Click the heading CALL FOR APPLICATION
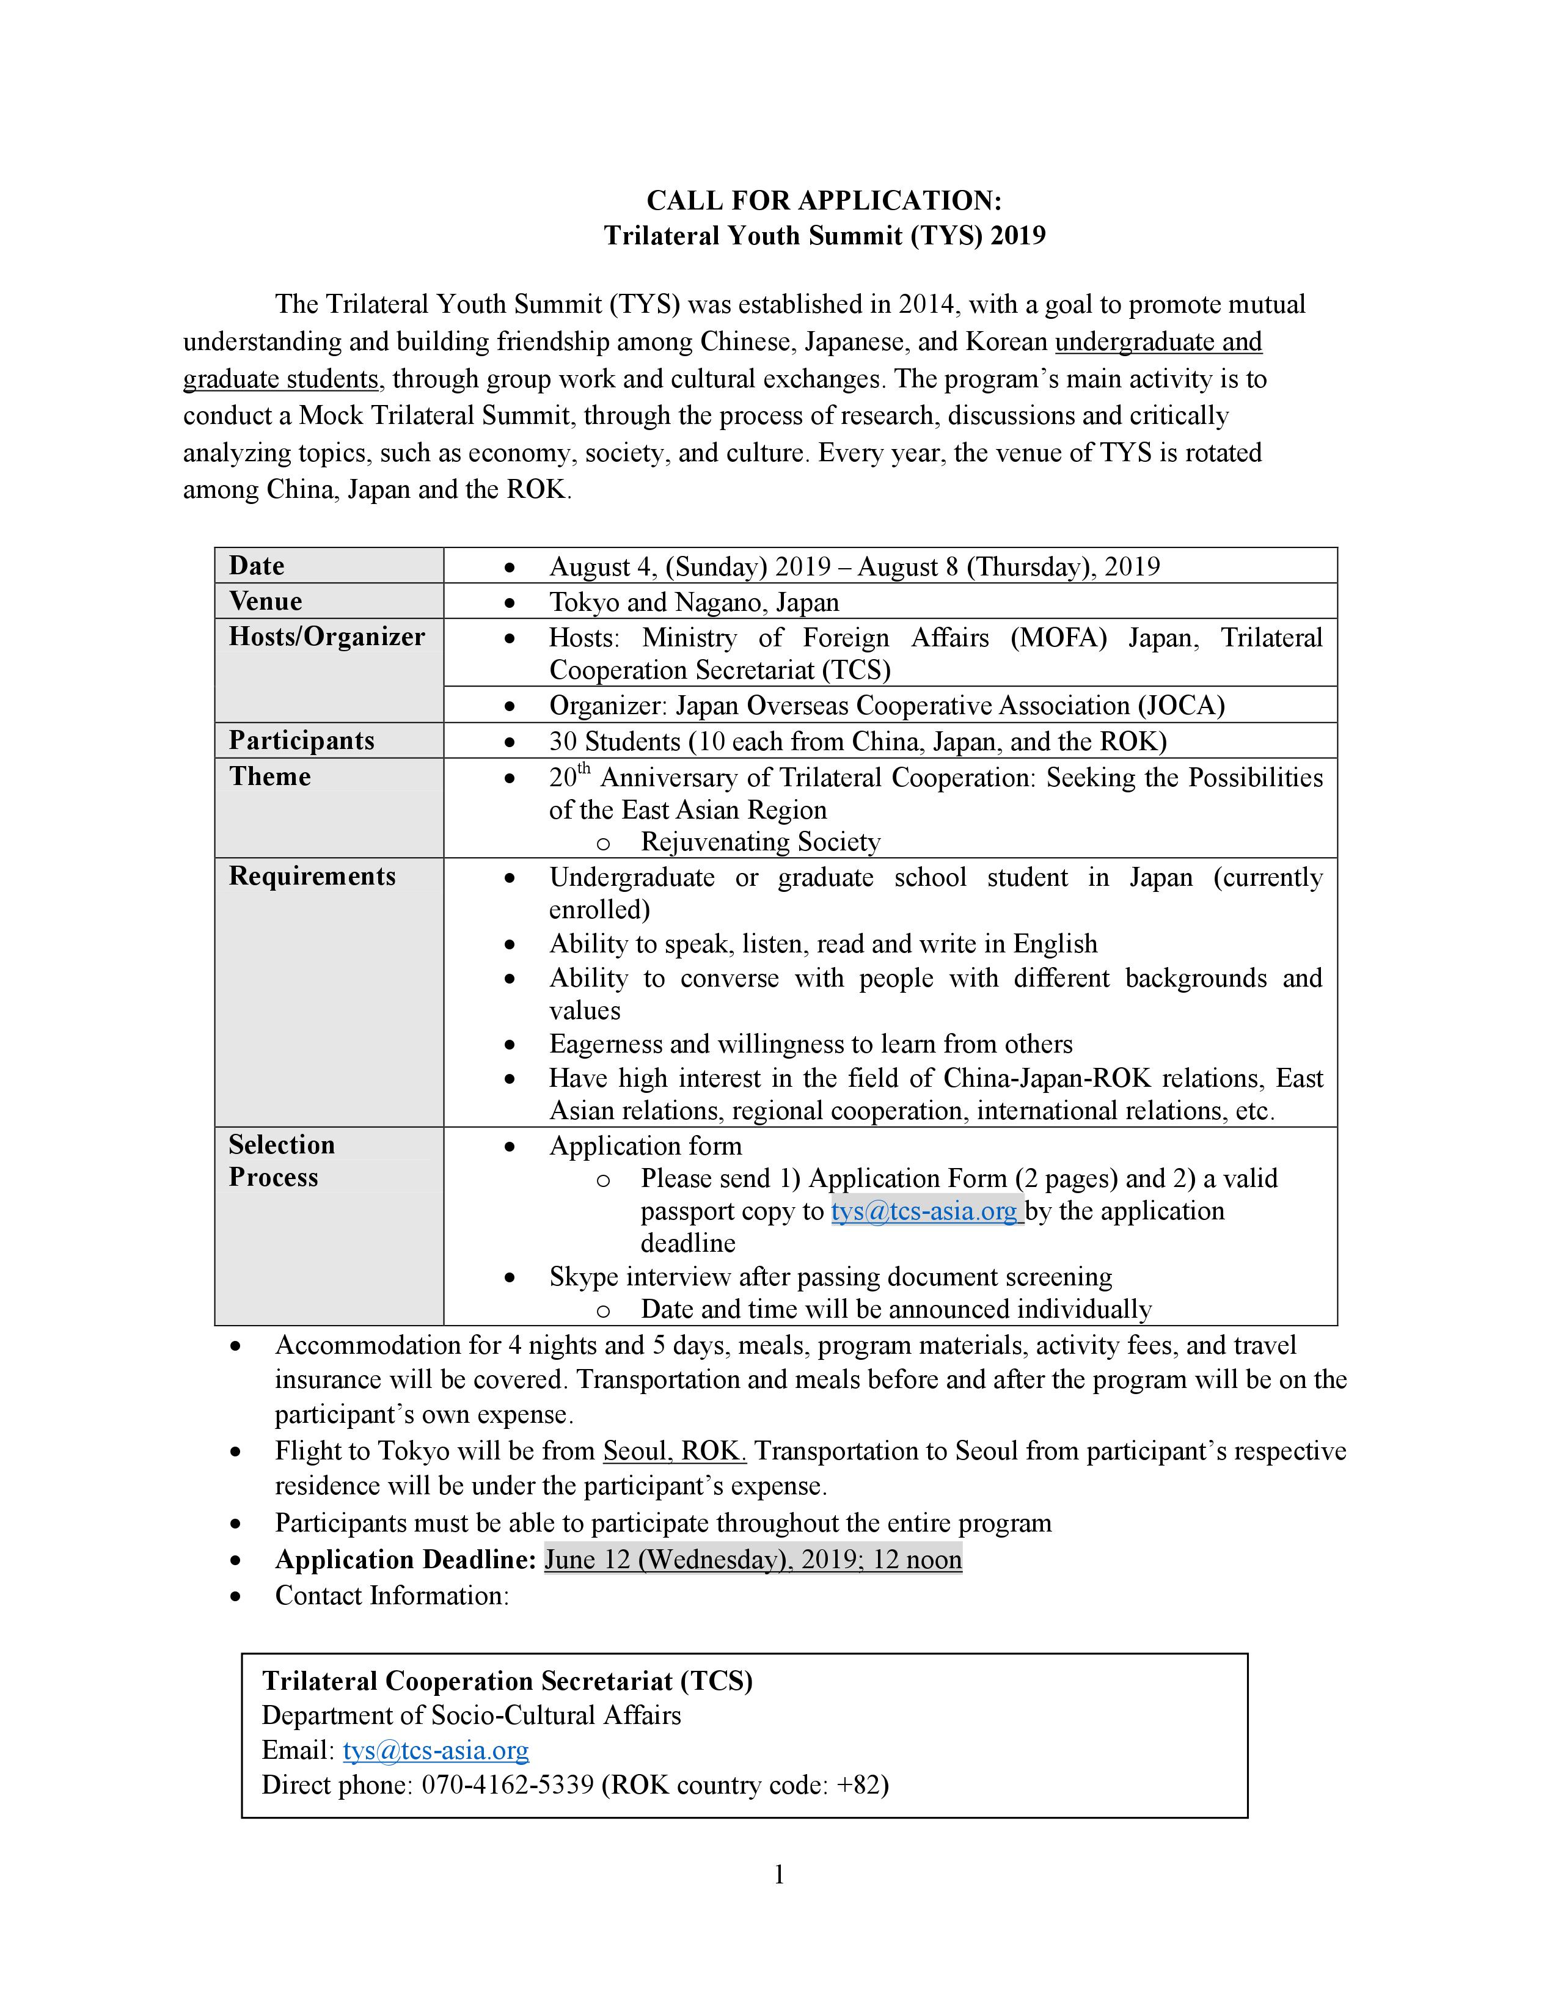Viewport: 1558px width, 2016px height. point(824,200)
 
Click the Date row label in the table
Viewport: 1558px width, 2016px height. point(257,566)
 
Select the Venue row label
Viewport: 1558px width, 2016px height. point(266,602)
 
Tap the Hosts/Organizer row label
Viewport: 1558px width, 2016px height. point(327,637)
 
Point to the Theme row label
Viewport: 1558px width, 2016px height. point(269,776)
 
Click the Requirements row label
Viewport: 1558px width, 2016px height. point(312,876)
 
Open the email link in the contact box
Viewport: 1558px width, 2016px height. point(436,1750)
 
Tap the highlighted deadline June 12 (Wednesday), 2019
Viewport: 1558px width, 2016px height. point(752,1559)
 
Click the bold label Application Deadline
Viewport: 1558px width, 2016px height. point(405,1559)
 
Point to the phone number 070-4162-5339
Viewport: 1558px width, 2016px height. point(508,1784)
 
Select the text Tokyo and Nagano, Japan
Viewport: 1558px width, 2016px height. point(694,602)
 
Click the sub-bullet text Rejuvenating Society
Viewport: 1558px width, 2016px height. point(761,842)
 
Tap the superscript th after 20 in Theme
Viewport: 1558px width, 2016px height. point(583,768)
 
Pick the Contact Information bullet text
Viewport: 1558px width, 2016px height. point(392,1595)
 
